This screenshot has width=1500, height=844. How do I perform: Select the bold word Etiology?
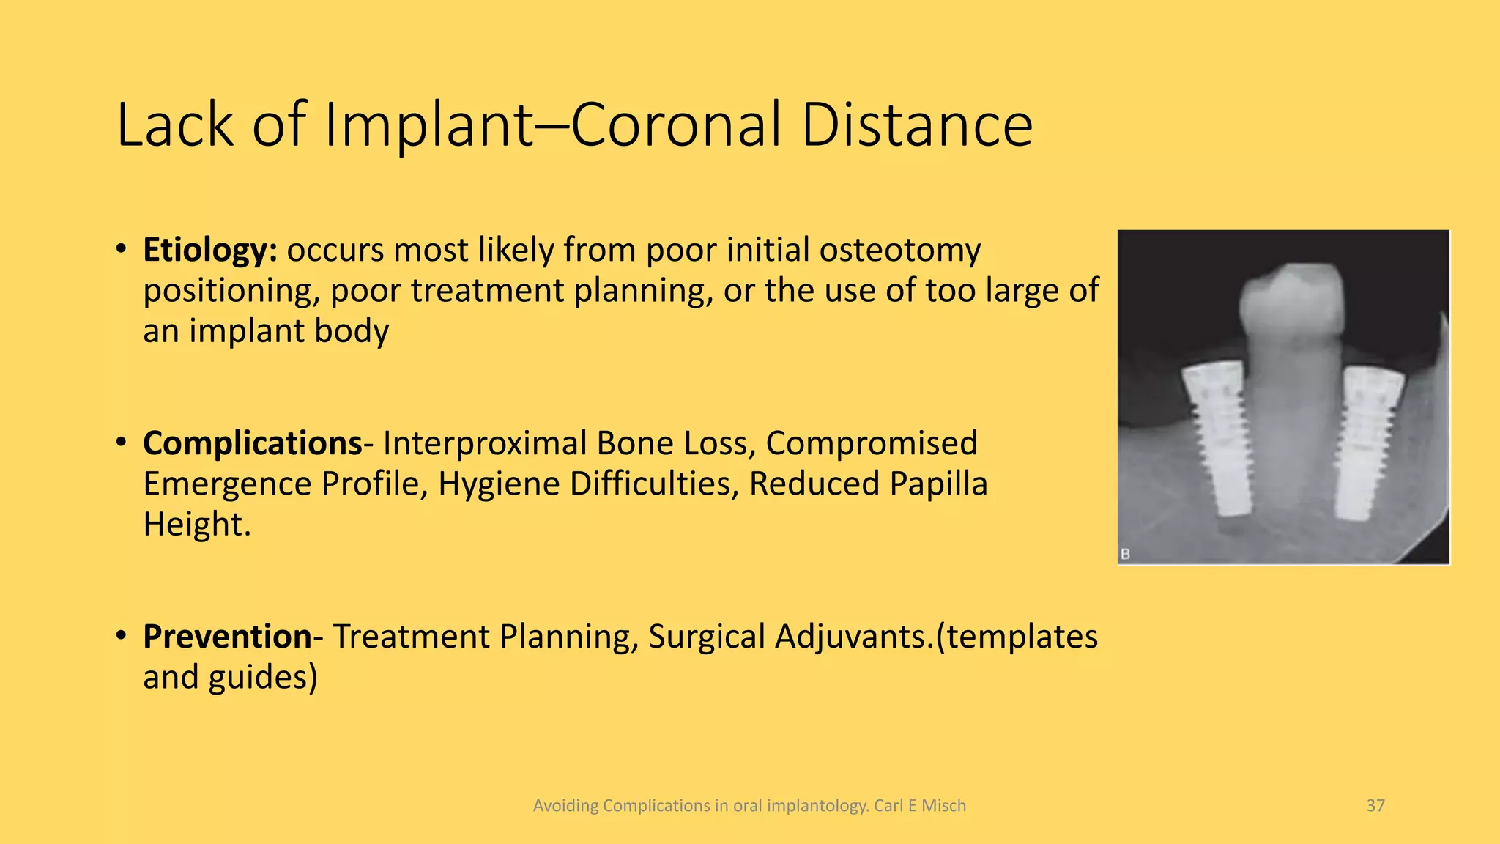click(209, 251)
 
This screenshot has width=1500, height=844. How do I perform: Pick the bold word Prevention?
click(227, 636)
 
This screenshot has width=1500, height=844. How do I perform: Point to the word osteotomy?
click(899, 251)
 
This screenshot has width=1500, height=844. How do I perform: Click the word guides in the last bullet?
click(262, 677)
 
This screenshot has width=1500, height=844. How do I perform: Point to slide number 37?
click(1375, 806)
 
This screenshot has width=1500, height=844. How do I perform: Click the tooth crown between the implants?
click(1292, 300)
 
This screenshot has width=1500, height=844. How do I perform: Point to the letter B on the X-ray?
click(1126, 554)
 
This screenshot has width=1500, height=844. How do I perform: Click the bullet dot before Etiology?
click(122, 249)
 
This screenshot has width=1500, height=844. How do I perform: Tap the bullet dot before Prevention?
click(122, 635)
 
